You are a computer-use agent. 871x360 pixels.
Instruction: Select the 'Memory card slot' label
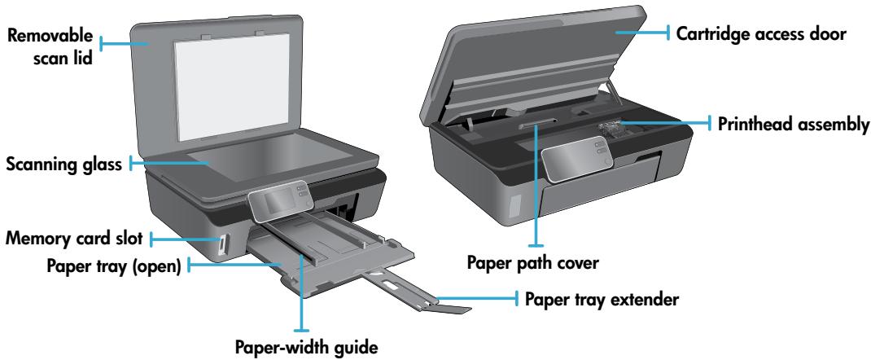pyautogui.click(x=74, y=239)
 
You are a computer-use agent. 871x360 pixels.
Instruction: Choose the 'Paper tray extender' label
pyautogui.click(x=600, y=301)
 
